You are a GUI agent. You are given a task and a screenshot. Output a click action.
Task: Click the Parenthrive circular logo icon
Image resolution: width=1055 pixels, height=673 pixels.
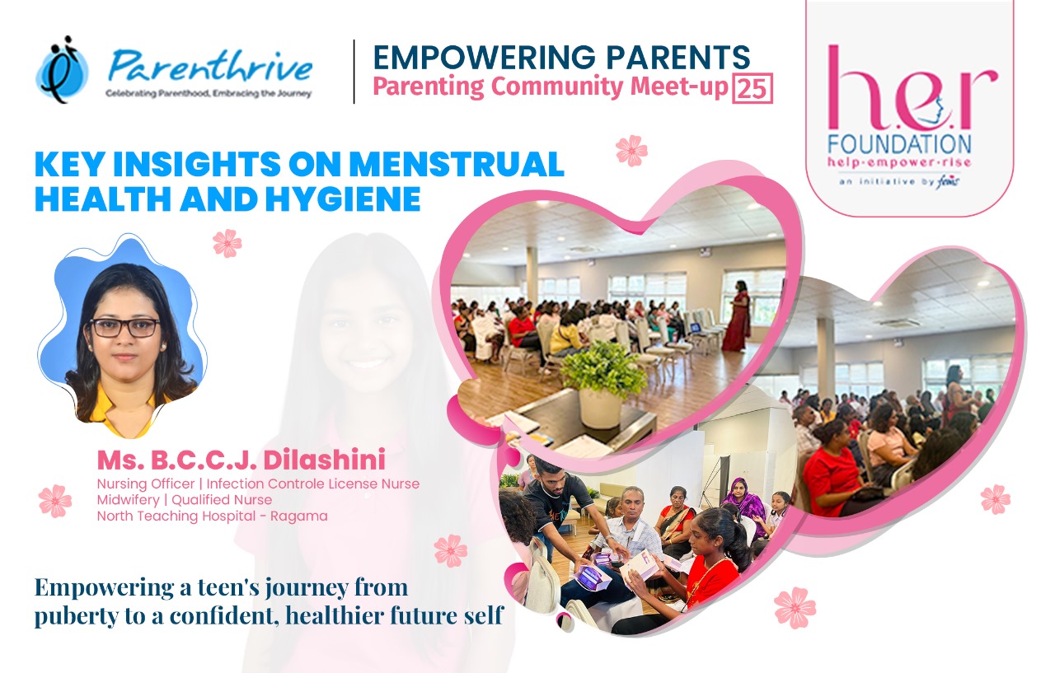click(62, 70)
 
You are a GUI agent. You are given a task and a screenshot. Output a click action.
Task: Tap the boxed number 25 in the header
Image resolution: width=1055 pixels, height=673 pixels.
click(753, 88)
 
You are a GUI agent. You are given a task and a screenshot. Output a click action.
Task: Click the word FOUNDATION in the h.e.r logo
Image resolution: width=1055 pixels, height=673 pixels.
click(899, 144)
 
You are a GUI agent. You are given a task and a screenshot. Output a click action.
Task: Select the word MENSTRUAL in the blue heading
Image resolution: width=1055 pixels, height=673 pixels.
click(457, 164)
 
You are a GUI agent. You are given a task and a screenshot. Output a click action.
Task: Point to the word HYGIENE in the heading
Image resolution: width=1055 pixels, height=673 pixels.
click(344, 199)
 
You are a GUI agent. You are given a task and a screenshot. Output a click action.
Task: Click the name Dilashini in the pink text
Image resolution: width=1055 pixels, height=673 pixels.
click(325, 460)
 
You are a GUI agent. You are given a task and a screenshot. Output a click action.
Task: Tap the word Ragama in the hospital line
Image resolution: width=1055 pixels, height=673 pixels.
click(299, 516)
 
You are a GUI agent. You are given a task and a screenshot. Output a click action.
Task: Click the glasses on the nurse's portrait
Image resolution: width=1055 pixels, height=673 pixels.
click(124, 328)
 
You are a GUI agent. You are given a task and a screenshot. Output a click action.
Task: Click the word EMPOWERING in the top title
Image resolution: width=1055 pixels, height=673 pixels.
click(484, 58)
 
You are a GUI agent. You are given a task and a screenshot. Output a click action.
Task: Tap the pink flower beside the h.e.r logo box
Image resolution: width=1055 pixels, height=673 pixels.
click(631, 151)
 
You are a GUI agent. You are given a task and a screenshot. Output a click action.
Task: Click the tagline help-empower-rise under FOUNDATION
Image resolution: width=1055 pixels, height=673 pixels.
click(899, 163)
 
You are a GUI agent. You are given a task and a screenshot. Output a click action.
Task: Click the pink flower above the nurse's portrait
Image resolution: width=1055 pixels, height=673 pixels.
click(227, 243)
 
